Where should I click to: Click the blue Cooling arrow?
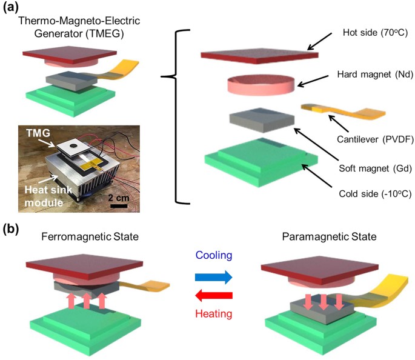213,278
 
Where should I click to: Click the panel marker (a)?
10,8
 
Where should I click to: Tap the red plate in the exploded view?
260,55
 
